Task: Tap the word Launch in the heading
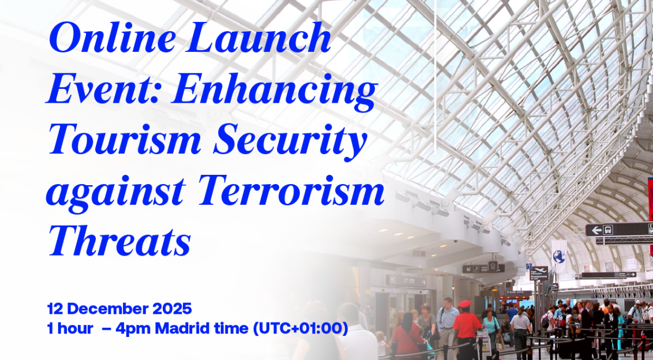[260, 38]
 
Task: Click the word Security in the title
[290, 142]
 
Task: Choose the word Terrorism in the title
[291, 190]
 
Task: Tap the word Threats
[120, 241]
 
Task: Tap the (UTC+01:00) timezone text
[301, 328]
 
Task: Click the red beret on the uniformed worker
[465, 303]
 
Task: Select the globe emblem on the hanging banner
[558, 256]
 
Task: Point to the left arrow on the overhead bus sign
[596, 230]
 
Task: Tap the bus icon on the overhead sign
[608, 230]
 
